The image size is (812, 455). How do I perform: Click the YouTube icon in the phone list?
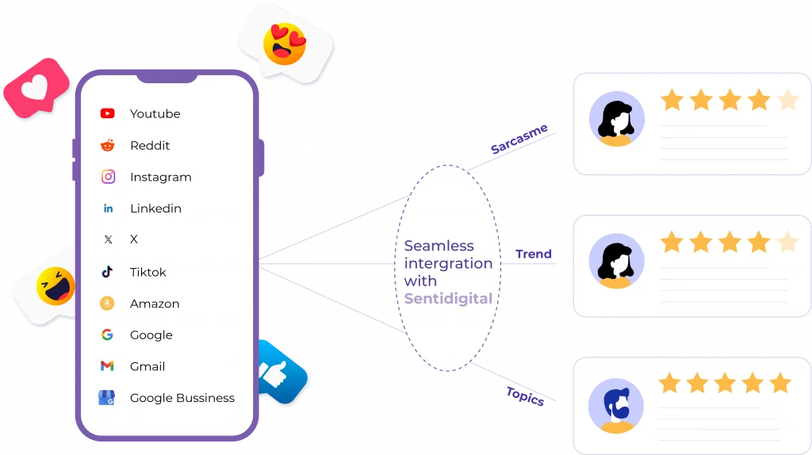[x=108, y=113]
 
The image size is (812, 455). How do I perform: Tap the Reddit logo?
[x=108, y=145]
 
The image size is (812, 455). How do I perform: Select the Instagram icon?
[x=108, y=177]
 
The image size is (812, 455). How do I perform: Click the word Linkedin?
[x=155, y=208]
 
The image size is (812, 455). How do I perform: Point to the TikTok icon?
[x=108, y=272]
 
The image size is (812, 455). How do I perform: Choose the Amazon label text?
[x=155, y=304]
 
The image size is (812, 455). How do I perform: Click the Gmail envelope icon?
[x=108, y=366]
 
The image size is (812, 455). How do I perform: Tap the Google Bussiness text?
[x=182, y=398]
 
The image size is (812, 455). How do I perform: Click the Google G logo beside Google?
[x=108, y=335]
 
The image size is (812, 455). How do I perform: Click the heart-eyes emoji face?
[x=285, y=44]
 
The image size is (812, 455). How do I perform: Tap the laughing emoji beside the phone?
[x=56, y=286]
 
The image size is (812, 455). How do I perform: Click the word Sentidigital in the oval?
[x=448, y=299]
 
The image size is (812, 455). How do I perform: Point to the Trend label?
[x=533, y=254]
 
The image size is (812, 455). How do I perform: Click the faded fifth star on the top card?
[x=787, y=100]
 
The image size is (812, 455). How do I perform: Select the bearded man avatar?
[x=616, y=405]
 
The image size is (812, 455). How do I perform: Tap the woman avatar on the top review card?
[x=616, y=119]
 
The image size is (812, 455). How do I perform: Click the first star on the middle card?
[x=672, y=242]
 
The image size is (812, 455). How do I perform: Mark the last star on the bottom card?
[x=780, y=384]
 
